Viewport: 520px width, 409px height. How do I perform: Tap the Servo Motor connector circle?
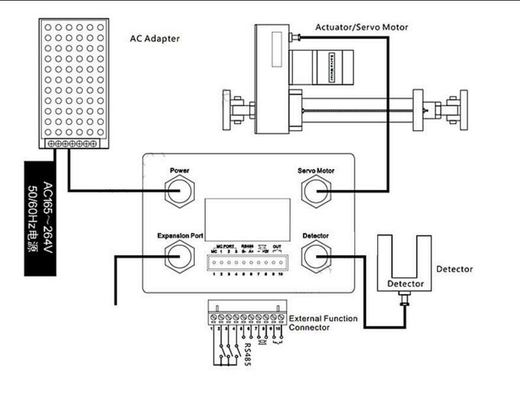click(x=315, y=191)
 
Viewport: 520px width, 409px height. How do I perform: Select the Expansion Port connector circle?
click(x=179, y=256)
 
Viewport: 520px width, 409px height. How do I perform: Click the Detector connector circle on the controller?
click(x=315, y=256)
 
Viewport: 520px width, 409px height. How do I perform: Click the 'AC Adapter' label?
click(x=155, y=39)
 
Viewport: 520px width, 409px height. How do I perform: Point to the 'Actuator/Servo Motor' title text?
click(x=361, y=27)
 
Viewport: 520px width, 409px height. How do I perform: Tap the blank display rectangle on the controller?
click(x=248, y=218)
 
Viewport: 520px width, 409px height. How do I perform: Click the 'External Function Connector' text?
click(x=322, y=323)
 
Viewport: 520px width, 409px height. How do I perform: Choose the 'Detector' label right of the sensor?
click(x=454, y=269)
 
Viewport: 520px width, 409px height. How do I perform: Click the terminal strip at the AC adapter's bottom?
click(x=72, y=144)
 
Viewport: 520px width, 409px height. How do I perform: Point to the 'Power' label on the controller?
click(x=179, y=170)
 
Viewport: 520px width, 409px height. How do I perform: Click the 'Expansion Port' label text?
click(x=180, y=236)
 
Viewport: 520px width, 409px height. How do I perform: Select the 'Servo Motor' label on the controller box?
click(x=315, y=170)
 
